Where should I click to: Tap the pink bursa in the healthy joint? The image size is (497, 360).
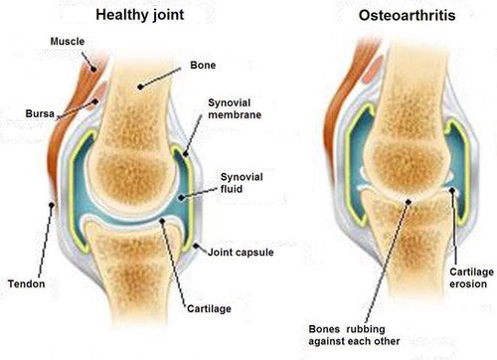tap(96, 102)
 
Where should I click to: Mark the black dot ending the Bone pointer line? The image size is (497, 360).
tap(141, 86)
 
